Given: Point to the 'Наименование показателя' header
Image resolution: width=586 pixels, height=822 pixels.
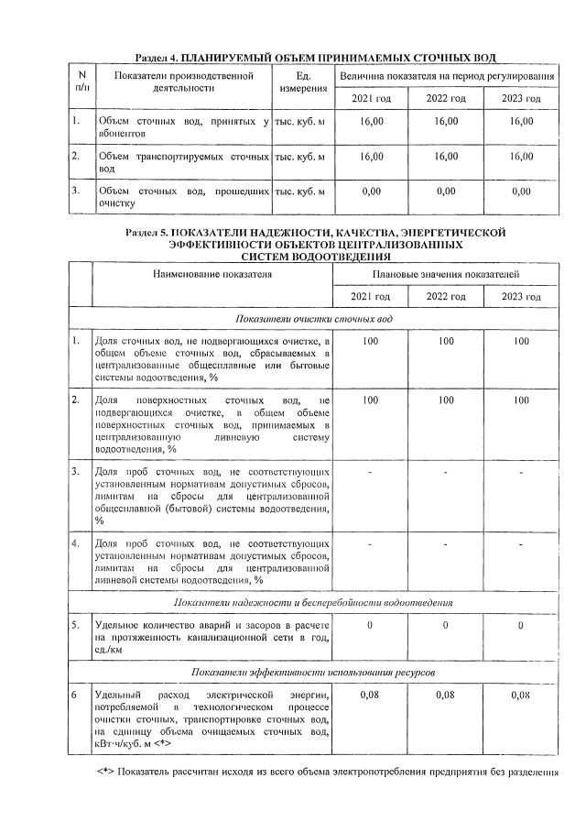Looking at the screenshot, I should (212, 274).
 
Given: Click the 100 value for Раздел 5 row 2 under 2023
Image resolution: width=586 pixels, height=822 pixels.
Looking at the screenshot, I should (521, 400).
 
